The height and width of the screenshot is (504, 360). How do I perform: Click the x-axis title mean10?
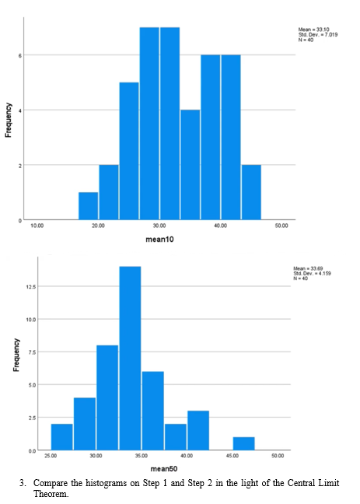159,240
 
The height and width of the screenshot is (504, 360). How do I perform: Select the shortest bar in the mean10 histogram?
89,206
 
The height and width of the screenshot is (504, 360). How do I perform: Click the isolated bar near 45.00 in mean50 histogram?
243,443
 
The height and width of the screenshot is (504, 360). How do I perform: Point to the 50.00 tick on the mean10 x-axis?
281,225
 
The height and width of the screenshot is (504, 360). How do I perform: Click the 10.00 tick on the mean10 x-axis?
37,225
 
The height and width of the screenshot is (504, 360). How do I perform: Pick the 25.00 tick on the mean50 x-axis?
51,455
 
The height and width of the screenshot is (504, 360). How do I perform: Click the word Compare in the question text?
50,482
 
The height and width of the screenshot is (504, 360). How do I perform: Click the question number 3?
22,482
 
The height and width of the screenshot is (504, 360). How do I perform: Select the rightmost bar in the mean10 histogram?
251,193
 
